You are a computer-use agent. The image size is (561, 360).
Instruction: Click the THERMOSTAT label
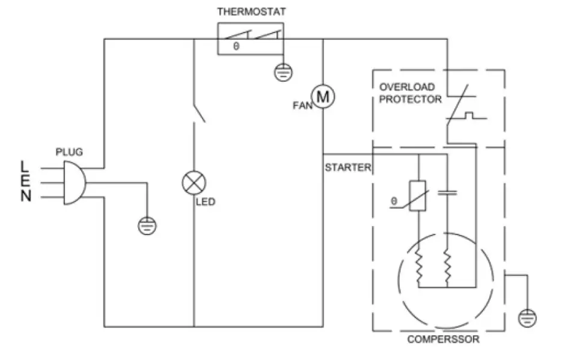tap(251, 11)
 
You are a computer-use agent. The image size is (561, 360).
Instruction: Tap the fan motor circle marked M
tap(322, 96)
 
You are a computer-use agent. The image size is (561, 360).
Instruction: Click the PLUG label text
tap(69, 152)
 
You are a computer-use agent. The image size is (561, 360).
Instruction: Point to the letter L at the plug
tap(25, 165)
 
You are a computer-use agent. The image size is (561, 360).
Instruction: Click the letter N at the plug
tap(25, 197)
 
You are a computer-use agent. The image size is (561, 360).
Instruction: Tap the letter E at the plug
tap(25, 181)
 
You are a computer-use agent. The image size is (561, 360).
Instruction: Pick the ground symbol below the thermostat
tap(283, 73)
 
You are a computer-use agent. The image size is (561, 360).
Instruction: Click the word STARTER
tap(348, 168)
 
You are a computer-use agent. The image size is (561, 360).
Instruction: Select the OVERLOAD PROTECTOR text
tap(410, 93)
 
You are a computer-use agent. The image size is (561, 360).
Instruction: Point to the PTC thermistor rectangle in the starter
tap(417, 195)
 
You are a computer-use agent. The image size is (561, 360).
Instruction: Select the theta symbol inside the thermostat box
tap(236, 46)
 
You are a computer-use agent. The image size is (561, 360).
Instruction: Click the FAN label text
tap(301, 105)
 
